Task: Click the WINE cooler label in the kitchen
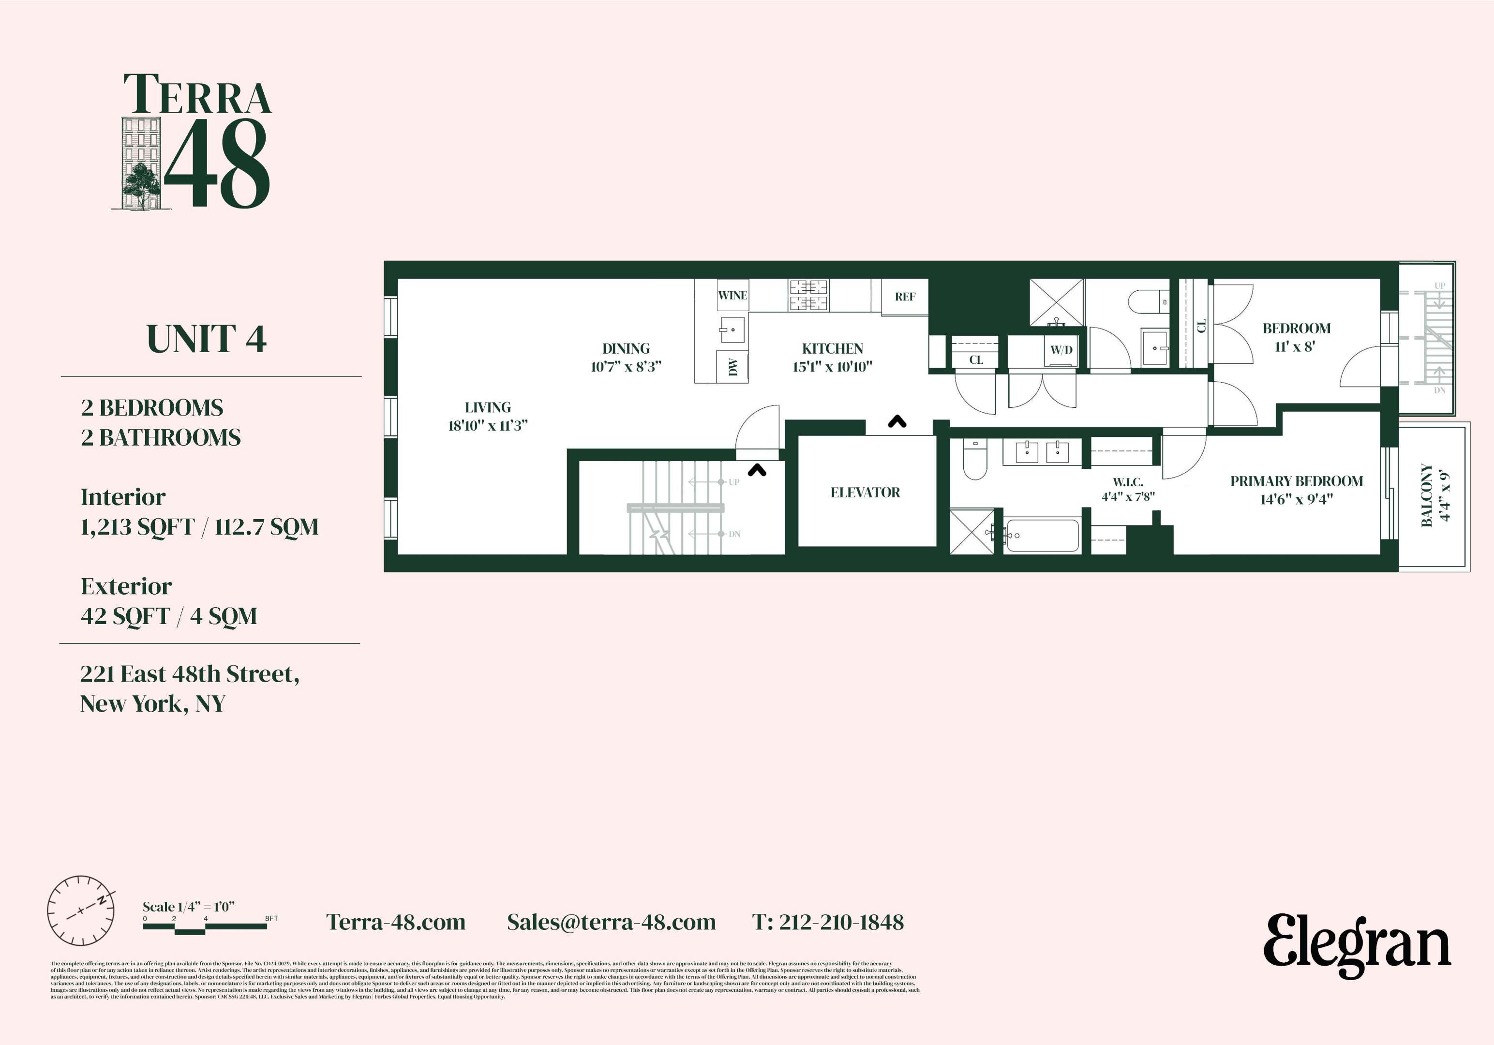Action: tap(732, 296)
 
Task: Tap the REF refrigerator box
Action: tap(904, 297)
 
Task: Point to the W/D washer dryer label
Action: tap(1061, 350)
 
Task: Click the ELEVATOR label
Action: tap(865, 493)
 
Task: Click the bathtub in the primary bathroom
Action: tap(1041, 535)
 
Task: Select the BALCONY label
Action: tap(1427, 494)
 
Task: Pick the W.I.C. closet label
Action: tap(1128, 482)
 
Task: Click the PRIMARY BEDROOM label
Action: tap(1296, 481)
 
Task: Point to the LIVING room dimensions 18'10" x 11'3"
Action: tap(487, 426)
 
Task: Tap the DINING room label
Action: tap(625, 349)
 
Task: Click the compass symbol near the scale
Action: tap(81, 911)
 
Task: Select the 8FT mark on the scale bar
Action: tap(271, 919)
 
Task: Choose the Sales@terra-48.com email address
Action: tap(611, 922)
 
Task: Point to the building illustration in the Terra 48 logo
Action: tap(141, 164)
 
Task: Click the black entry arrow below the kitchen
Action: tap(897, 422)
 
